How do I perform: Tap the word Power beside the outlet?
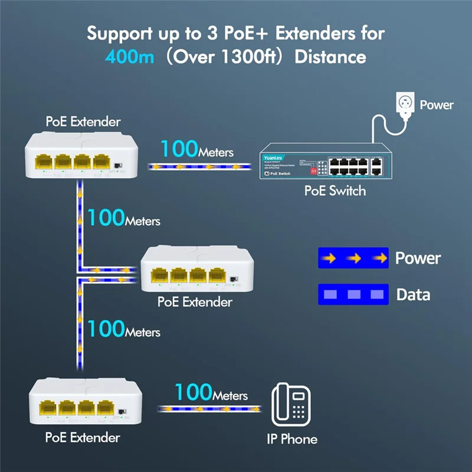click(437, 105)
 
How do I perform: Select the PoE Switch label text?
click(335, 191)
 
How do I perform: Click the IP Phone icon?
click(291, 404)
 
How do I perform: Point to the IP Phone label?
click(290, 439)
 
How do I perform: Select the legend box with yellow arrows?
click(353, 258)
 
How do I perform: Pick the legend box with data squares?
click(353, 294)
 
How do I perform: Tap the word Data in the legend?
click(413, 294)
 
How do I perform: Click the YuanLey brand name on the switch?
click(273, 158)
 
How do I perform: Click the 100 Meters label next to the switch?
click(197, 150)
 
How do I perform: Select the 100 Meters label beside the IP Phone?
click(211, 393)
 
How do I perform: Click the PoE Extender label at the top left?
click(83, 122)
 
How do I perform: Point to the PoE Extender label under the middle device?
click(195, 301)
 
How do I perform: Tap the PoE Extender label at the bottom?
click(83, 437)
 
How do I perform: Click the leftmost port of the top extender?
click(44, 162)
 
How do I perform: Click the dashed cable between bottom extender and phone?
click(209, 408)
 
